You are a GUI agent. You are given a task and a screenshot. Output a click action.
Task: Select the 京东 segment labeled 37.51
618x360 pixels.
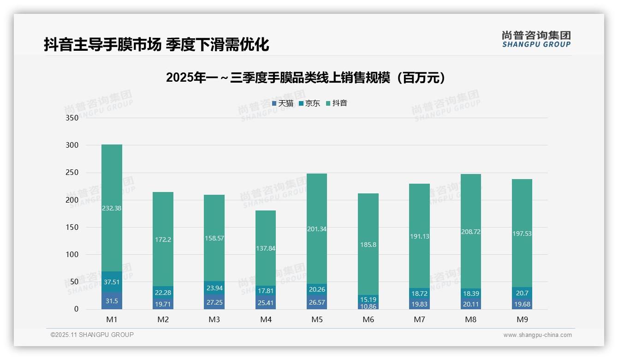tap(112, 282)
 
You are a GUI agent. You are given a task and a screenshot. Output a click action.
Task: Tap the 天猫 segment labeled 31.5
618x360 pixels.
tap(112, 301)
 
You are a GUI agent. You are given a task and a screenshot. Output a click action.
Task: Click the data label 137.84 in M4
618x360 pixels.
tap(266, 248)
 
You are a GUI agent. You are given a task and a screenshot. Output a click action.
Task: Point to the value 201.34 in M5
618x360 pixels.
tap(316, 229)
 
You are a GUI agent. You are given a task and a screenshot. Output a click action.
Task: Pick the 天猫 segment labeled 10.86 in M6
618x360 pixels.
tap(368, 306)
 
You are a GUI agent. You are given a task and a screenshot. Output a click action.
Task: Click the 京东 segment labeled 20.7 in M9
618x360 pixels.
tap(522, 293)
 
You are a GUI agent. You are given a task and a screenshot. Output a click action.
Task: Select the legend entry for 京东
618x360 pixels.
tap(309, 103)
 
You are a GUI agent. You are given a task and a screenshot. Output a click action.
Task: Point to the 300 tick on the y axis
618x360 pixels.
tap(72, 145)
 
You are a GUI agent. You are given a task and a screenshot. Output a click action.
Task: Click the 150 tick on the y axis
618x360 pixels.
tap(72, 227)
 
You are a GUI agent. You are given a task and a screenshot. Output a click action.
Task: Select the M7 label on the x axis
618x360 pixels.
tap(419, 319)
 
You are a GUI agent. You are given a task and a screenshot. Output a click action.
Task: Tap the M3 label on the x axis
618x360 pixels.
tap(214, 319)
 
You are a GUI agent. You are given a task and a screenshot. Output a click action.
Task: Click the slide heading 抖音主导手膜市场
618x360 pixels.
tap(156, 44)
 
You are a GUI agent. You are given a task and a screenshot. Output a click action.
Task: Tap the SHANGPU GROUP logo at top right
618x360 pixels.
tap(536, 39)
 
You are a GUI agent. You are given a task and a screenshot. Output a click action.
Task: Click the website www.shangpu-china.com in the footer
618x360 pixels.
tap(537, 335)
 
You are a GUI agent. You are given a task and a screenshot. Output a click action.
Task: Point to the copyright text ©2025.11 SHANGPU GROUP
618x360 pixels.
tap(92, 335)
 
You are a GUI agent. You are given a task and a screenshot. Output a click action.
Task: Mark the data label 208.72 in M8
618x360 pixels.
tap(470, 232)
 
